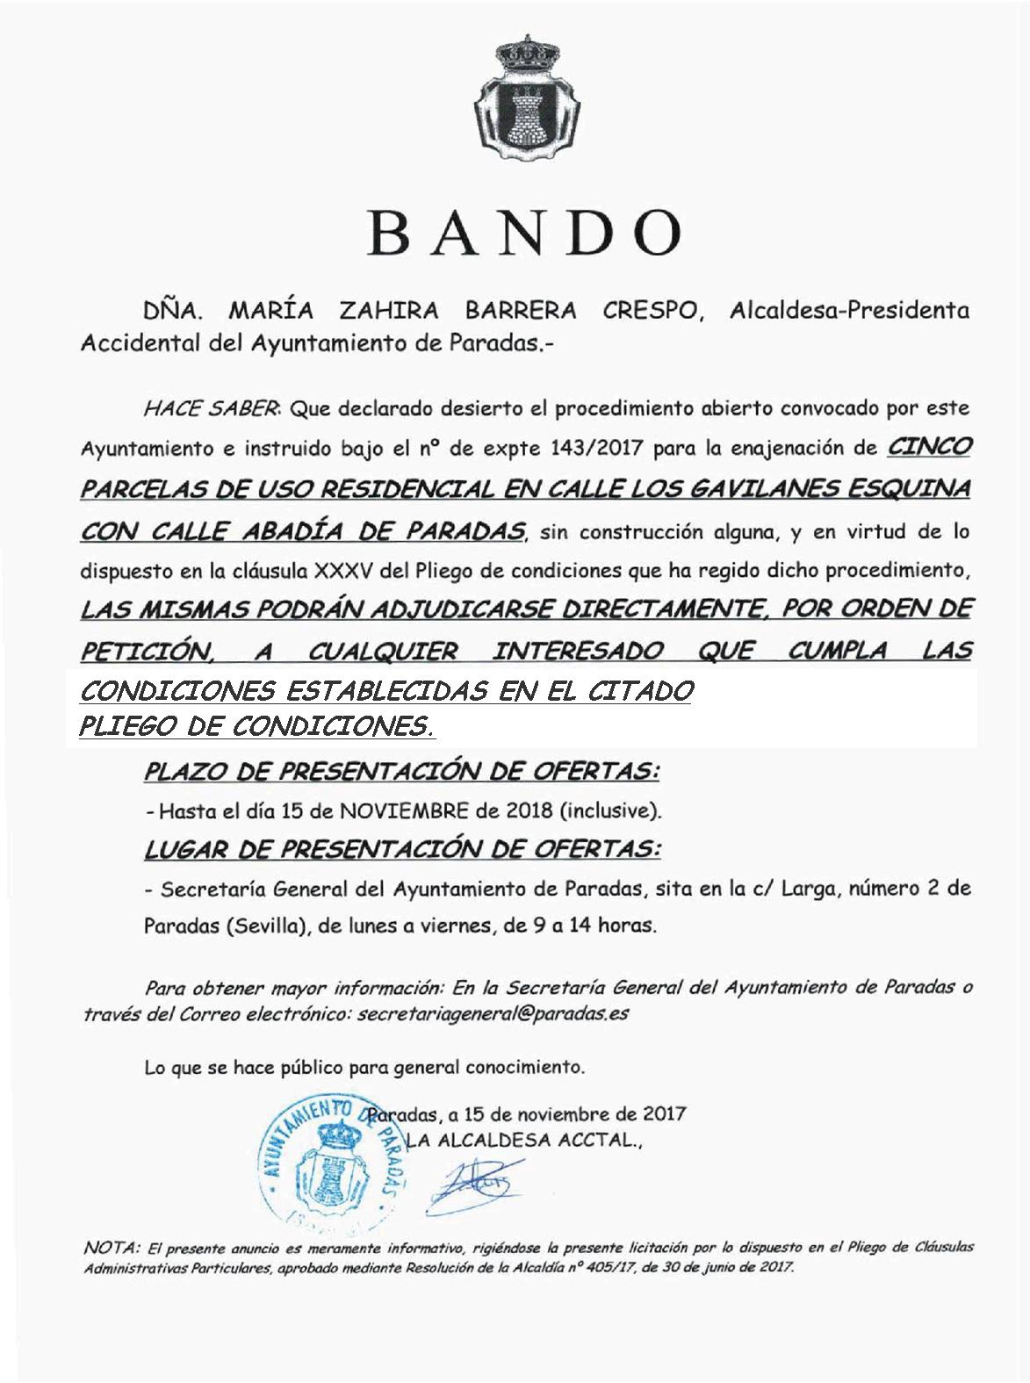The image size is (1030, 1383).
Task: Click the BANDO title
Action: pyautogui.click(x=525, y=232)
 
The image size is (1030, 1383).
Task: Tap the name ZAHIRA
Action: pyautogui.click(x=390, y=311)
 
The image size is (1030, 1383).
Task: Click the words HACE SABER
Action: pyautogui.click(x=212, y=408)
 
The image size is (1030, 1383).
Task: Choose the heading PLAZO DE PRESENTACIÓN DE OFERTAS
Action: pyautogui.click(x=402, y=772)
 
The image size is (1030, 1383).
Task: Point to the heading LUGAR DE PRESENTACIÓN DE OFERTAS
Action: pyautogui.click(x=402, y=849)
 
